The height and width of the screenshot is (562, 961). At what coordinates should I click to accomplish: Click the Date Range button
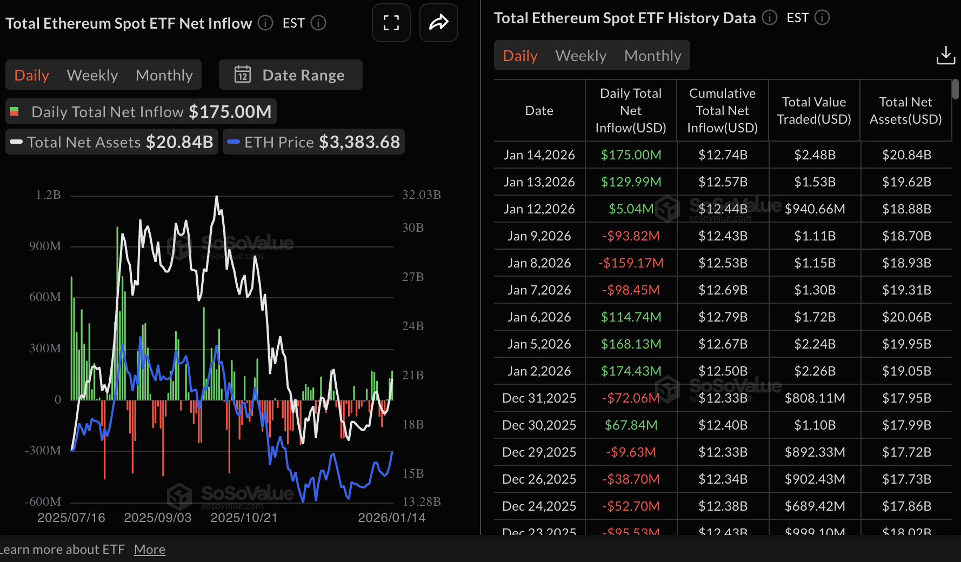click(x=290, y=75)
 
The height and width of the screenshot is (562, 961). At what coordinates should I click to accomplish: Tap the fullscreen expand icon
click(x=391, y=23)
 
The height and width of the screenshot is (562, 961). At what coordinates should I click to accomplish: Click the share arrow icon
click(x=438, y=23)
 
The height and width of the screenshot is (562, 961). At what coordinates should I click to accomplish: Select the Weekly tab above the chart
click(x=92, y=75)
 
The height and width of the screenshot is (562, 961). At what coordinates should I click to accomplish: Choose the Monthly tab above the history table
click(x=652, y=56)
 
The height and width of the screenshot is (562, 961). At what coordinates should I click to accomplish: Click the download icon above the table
click(x=945, y=55)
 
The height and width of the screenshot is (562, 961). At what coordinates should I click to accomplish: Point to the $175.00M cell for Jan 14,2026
click(x=631, y=155)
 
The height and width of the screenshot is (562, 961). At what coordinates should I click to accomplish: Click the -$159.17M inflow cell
click(x=631, y=263)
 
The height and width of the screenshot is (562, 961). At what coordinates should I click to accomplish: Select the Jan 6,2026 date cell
click(x=539, y=317)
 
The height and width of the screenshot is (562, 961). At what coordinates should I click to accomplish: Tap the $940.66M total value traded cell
click(x=815, y=209)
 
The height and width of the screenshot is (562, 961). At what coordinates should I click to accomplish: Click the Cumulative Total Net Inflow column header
click(x=722, y=111)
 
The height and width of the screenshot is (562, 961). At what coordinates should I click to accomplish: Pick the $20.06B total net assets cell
click(x=906, y=317)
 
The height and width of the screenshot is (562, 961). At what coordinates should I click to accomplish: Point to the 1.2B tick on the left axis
click(x=48, y=195)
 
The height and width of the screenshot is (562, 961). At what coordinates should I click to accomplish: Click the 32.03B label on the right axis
click(x=421, y=195)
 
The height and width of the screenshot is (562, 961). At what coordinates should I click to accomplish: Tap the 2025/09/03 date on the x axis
click(x=158, y=518)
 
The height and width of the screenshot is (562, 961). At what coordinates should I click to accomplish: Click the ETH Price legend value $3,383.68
click(x=359, y=142)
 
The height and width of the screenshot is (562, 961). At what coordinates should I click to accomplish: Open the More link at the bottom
click(x=150, y=550)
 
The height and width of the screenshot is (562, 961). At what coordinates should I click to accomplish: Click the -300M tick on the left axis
click(x=43, y=450)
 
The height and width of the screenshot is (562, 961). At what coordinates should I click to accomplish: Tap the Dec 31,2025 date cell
click(x=539, y=398)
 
